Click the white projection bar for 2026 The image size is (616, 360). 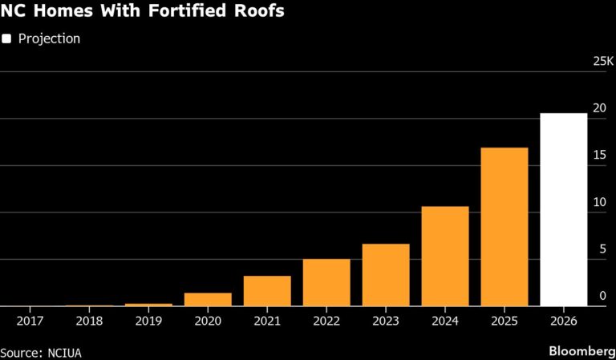click(x=563, y=209)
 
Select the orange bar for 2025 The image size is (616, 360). click(x=504, y=227)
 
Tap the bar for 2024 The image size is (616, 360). click(x=445, y=256)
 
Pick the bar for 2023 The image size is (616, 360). click(x=386, y=275)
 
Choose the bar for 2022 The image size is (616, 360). click(x=326, y=282)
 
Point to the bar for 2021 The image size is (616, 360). click(x=267, y=290)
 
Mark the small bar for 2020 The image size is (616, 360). click(x=208, y=299)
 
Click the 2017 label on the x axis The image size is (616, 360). click(x=30, y=319)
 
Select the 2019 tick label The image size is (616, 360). click(x=148, y=319)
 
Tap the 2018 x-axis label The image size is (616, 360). click(x=89, y=319)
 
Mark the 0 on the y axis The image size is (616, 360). click(x=602, y=296)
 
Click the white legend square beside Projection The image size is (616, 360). click(x=6, y=38)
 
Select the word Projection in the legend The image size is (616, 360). click(x=48, y=38)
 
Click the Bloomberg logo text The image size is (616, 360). click(x=577, y=351)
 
